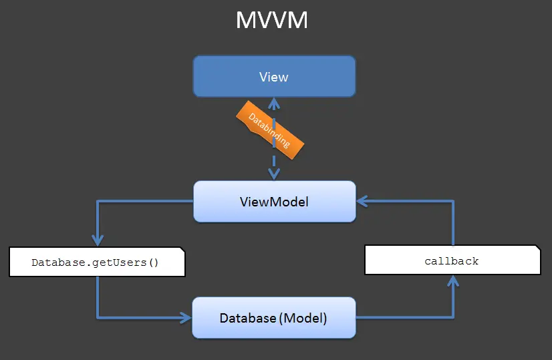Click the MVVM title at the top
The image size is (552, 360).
tap(272, 21)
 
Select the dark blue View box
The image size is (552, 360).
tap(274, 77)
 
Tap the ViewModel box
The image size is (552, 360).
tap(274, 201)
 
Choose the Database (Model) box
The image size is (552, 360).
tap(274, 318)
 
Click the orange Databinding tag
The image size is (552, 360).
tap(270, 131)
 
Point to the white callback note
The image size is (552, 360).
tap(452, 260)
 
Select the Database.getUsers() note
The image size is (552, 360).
tap(96, 262)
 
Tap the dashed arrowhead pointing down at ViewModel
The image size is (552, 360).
tap(273, 174)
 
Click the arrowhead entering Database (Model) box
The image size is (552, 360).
tap(185, 318)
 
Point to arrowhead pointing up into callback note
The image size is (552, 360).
tap(453, 281)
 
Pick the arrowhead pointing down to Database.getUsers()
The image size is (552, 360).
tap(98, 241)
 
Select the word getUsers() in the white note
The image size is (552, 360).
tap(132, 262)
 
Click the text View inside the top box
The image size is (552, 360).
tap(274, 77)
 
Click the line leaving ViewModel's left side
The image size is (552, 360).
tap(147, 201)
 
